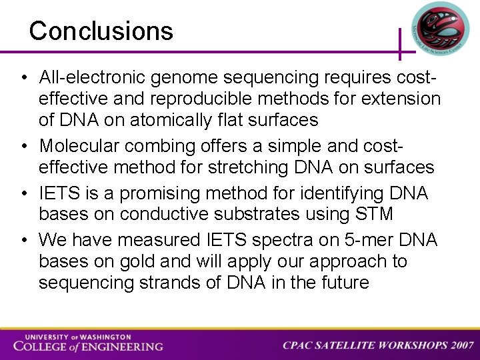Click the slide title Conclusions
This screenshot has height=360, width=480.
(101, 31)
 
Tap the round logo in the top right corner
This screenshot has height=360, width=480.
(440, 28)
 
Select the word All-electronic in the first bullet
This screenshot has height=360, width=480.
(93, 78)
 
